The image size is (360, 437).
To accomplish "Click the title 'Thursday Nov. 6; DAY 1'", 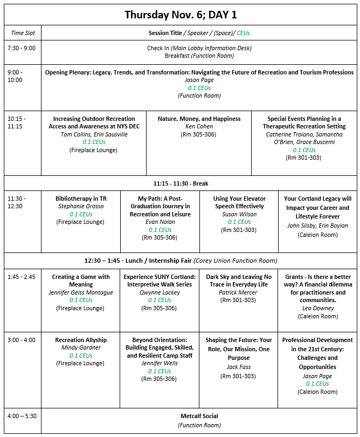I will [x=181, y=15].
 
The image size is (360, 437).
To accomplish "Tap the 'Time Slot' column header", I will [x=23, y=33].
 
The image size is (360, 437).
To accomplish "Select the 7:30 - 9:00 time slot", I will [x=21, y=48].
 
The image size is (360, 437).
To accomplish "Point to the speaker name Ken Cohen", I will [x=199, y=127].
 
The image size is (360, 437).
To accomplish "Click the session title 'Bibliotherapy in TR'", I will [x=81, y=199].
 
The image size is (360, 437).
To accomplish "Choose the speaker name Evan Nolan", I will [x=160, y=222].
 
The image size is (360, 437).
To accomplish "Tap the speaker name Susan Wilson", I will [x=239, y=214].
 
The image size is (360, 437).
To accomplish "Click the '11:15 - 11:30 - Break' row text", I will [x=181, y=183].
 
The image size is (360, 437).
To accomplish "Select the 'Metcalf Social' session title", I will [x=199, y=416].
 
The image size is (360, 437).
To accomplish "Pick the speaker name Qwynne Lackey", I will [x=160, y=292].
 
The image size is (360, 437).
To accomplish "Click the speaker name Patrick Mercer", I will [x=239, y=292].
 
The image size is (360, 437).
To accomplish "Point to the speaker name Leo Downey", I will [x=318, y=308].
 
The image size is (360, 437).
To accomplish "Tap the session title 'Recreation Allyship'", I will [x=81, y=340].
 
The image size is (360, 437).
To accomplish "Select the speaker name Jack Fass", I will [x=239, y=367].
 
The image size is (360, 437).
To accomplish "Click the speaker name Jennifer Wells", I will [x=160, y=363].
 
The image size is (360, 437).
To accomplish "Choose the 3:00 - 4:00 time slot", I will [x=21, y=340].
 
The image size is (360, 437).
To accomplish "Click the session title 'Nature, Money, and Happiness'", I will [x=199, y=119].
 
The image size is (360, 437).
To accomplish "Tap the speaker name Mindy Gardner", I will [x=81, y=348].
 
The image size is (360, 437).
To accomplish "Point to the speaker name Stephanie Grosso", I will [x=81, y=207].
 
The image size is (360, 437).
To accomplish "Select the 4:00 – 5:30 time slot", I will [x=22, y=416].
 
